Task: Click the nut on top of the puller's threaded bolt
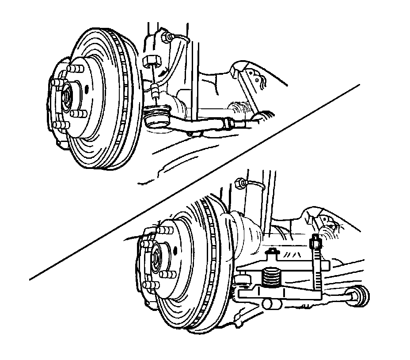315,242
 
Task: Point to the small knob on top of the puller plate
273,252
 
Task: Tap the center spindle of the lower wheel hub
156,258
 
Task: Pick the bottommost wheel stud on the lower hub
150,286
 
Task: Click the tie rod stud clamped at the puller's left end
241,280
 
